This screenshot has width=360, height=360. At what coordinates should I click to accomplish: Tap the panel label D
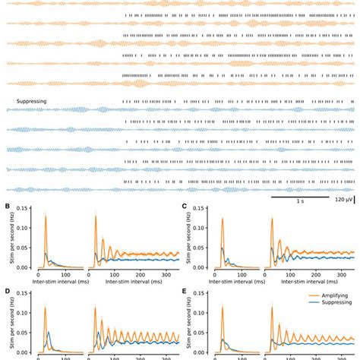8,290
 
